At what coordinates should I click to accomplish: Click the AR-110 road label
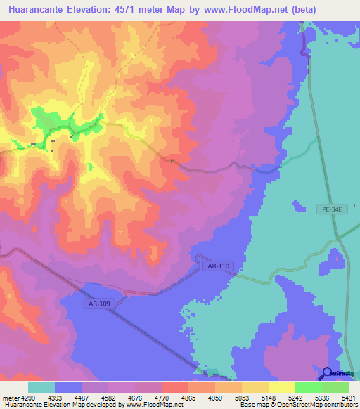[x=218, y=266]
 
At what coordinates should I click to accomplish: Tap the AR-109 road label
[x=100, y=304]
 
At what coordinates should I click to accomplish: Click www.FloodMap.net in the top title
[x=247, y=10]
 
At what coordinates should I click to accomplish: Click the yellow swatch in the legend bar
[x=281, y=387]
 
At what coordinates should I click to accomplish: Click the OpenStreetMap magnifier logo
[x=326, y=373]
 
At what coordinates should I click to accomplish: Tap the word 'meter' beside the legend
[x=11, y=398]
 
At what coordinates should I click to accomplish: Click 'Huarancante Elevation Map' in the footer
[x=42, y=405]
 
